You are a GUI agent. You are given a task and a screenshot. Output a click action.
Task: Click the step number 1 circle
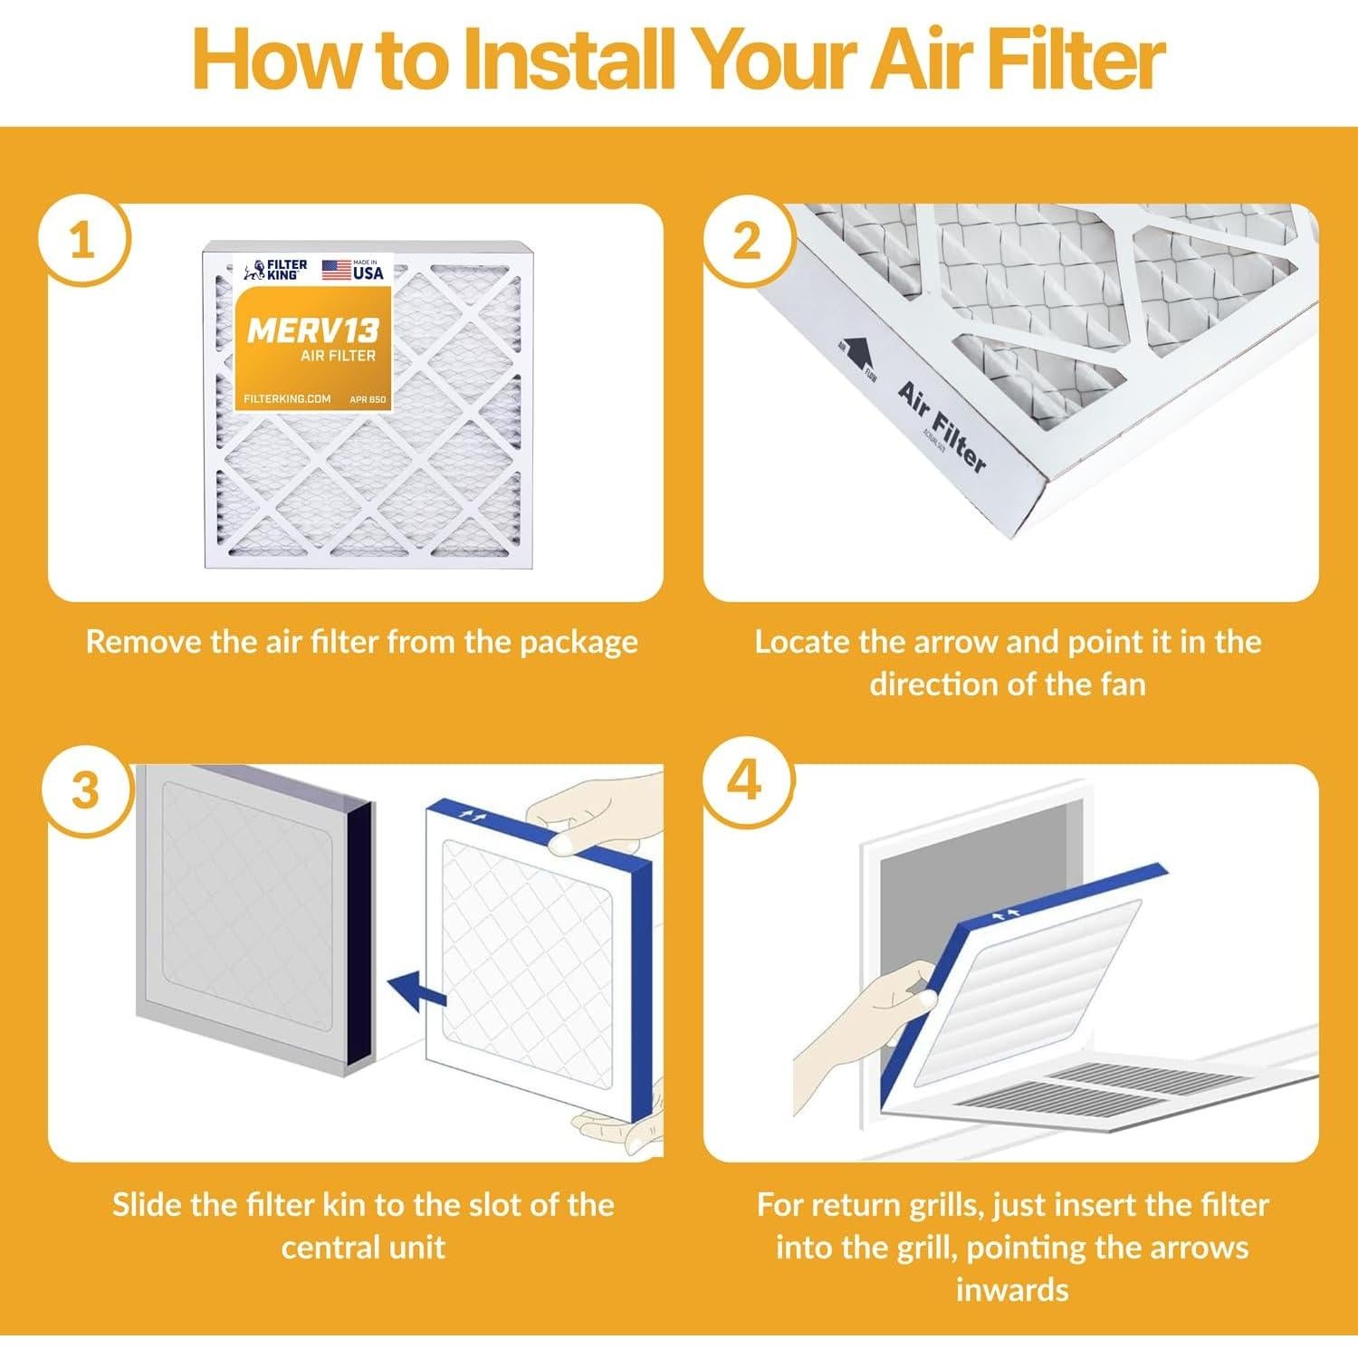(x=83, y=242)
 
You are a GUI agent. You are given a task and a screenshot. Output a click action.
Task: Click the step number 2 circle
(x=747, y=242)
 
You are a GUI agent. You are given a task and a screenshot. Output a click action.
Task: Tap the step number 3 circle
(x=84, y=789)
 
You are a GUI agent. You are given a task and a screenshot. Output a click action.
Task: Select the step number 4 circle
(x=744, y=780)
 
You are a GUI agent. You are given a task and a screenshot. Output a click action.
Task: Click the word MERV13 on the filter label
(x=313, y=330)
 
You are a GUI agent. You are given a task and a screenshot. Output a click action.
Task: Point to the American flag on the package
(x=337, y=270)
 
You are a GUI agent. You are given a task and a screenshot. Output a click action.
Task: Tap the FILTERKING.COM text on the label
(x=287, y=399)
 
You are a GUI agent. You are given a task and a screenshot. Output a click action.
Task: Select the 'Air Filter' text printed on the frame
(x=942, y=426)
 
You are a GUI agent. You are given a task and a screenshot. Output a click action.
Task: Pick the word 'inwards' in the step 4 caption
(x=1012, y=1288)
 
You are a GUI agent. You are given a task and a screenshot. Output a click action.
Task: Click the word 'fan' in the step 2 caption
(x=1123, y=684)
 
